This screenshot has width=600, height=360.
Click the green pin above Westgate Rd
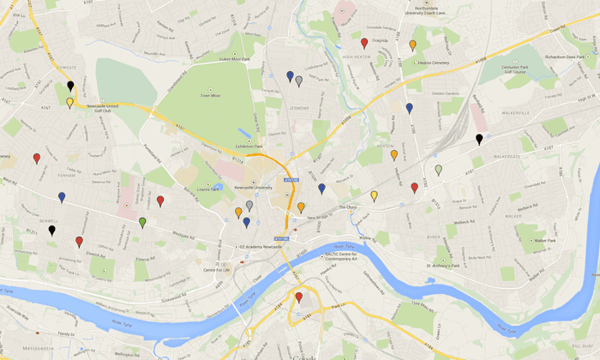pyautogui.click(x=142, y=222)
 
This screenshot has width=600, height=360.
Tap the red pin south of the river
pyautogui.click(x=298, y=297)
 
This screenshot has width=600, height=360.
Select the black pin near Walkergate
pyautogui.click(x=479, y=139)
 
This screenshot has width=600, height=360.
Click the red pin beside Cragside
pyautogui.click(x=364, y=42)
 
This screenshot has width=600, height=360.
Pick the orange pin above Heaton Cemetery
pyautogui.click(x=413, y=45)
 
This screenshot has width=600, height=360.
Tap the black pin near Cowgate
pyautogui.click(x=70, y=86)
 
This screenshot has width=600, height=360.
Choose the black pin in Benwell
pyautogui.click(x=51, y=230)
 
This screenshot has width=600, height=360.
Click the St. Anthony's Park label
pyautogui.click(x=455, y=264)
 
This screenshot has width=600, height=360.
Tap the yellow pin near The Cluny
pyautogui.click(x=374, y=196)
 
